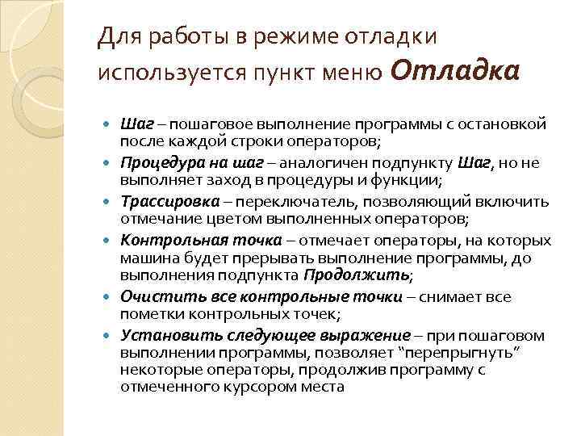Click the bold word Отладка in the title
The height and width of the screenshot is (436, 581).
(x=454, y=71)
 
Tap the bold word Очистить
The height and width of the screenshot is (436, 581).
(x=152, y=296)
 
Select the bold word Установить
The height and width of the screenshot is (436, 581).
(x=158, y=335)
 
